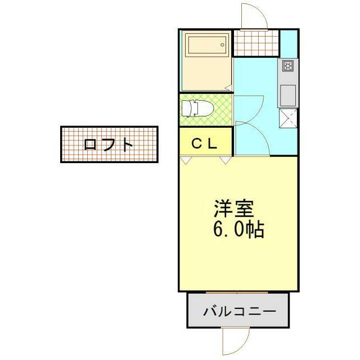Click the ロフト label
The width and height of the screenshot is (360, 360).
click(x=109, y=145)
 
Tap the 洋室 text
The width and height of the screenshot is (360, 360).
click(x=234, y=209)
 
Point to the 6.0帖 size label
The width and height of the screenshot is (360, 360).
click(x=238, y=229)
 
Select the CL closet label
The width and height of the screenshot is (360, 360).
click(x=204, y=144)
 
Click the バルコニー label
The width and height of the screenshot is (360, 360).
click(x=240, y=311)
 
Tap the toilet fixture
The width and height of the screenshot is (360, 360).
click(x=197, y=108)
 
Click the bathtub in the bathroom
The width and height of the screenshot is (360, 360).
click(x=207, y=45)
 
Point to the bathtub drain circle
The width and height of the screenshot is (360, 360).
click(x=222, y=45)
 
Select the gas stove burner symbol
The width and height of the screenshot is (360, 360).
click(x=287, y=66)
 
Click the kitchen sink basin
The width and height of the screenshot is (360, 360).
click(x=288, y=96)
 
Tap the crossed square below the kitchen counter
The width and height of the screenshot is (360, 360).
click(x=288, y=119)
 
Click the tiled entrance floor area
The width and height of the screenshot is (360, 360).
click(x=256, y=43)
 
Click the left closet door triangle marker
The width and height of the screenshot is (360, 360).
click(x=186, y=160)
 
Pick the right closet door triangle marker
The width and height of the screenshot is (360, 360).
click(x=225, y=160)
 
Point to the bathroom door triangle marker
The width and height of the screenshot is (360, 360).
click(x=229, y=88)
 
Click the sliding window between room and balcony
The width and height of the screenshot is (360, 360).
click(x=237, y=292)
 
